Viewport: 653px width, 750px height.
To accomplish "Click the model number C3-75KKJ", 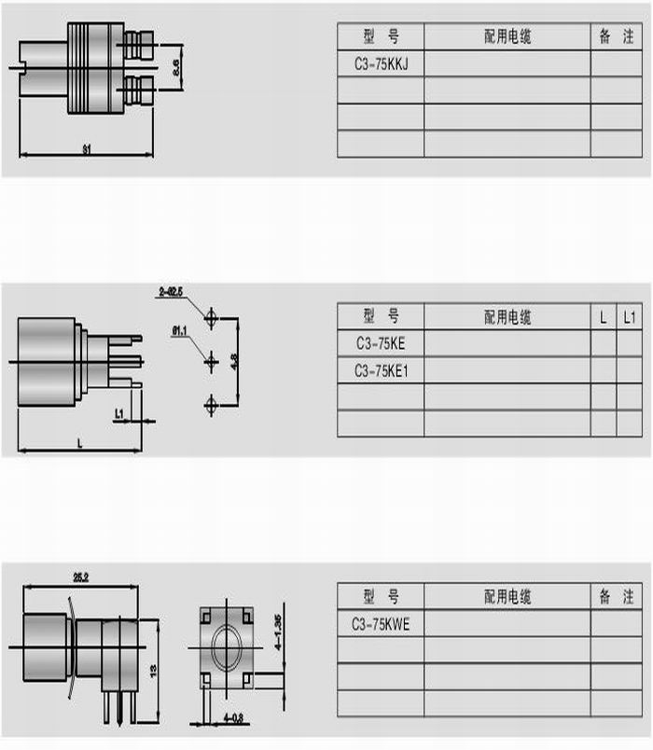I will (x=380, y=63).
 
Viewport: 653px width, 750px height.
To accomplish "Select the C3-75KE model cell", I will (x=380, y=343).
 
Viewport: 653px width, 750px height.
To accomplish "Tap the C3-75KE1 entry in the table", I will (x=381, y=370).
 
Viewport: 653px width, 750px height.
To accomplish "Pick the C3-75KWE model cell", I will (x=381, y=624).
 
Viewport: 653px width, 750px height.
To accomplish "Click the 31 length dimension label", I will (x=87, y=148).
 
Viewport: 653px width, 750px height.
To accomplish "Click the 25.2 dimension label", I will (x=80, y=578).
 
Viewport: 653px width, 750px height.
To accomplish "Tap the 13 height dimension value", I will (x=154, y=670).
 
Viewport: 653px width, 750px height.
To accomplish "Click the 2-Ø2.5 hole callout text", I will (x=172, y=293).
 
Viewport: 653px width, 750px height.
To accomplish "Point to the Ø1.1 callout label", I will (x=181, y=329).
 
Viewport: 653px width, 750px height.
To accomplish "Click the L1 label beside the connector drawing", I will (x=119, y=412).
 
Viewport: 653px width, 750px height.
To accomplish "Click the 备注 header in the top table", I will (x=616, y=36).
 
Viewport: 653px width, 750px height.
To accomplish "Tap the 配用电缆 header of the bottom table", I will (x=507, y=597).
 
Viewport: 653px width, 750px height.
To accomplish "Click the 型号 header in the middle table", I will (x=381, y=316).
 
